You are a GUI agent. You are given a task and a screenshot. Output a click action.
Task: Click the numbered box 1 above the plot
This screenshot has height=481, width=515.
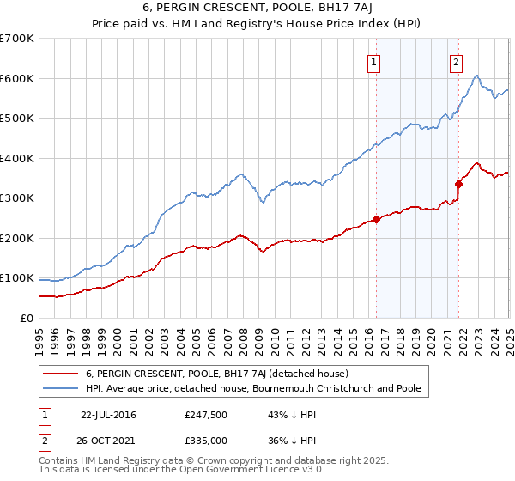(375, 61)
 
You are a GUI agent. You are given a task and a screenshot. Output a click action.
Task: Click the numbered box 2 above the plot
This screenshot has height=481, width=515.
(456, 61)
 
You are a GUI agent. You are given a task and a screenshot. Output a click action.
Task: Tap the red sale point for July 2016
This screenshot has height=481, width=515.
(376, 219)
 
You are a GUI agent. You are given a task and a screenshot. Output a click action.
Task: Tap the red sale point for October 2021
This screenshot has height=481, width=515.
(458, 184)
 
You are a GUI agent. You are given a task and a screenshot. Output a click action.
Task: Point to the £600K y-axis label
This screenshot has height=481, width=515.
(17, 78)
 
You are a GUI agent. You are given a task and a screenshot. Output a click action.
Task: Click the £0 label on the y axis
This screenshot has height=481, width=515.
(27, 319)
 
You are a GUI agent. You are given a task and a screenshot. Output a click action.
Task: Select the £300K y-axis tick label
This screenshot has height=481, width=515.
(17, 198)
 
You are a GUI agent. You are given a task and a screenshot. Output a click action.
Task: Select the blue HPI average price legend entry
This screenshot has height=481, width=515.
(253, 389)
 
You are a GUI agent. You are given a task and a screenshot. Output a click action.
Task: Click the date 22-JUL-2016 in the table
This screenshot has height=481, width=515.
(108, 415)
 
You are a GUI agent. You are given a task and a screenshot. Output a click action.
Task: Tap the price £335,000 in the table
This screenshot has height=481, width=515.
(206, 441)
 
